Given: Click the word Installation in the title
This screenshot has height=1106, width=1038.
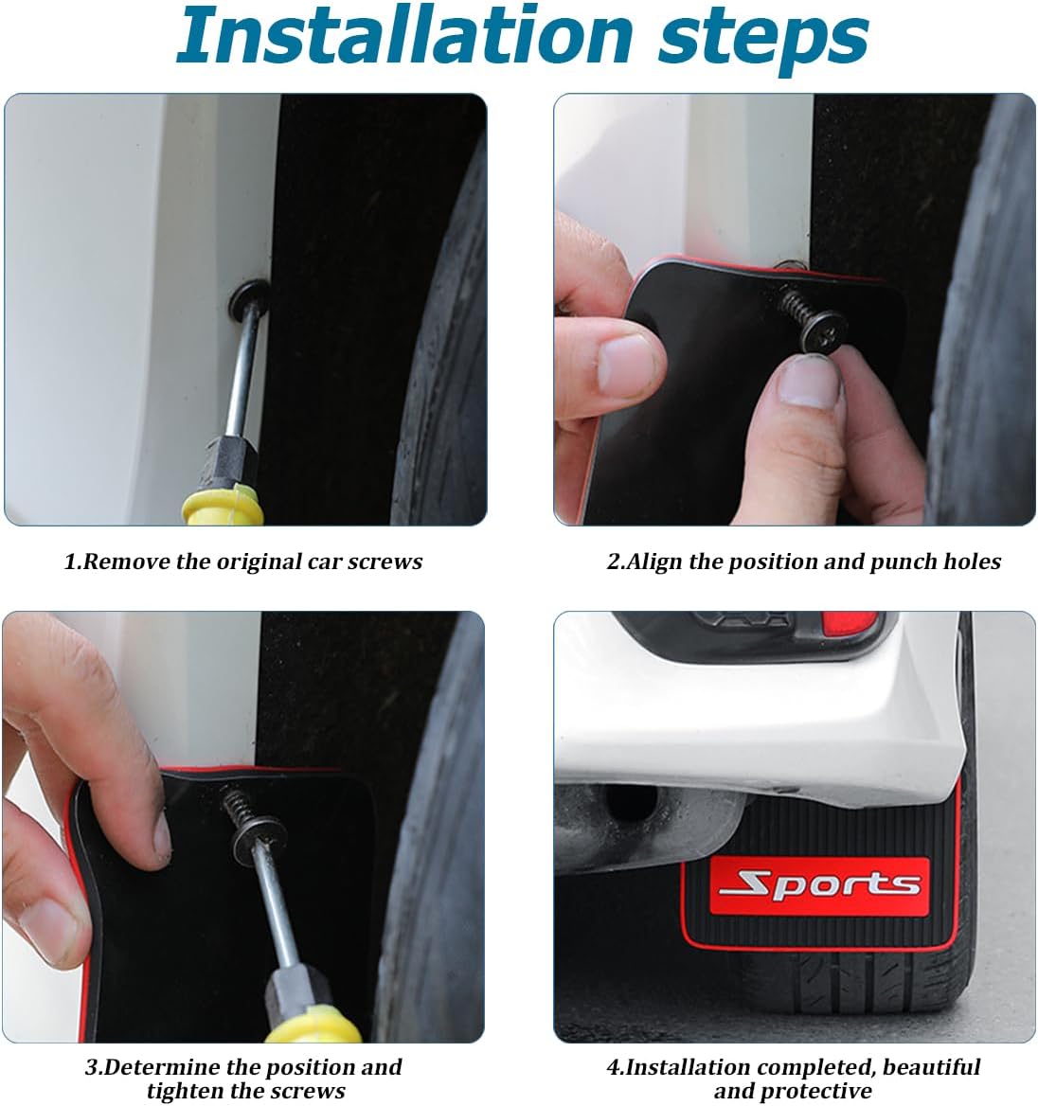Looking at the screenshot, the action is click(x=403, y=35).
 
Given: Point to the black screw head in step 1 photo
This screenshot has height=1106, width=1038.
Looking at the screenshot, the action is click(x=248, y=298).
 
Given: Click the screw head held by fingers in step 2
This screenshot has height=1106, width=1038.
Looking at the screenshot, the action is click(x=822, y=330).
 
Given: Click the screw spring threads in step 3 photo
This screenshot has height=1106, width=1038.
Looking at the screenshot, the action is click(x=238, y=804).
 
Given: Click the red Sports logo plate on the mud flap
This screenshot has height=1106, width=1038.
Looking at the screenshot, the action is click(x=818, y=886).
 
